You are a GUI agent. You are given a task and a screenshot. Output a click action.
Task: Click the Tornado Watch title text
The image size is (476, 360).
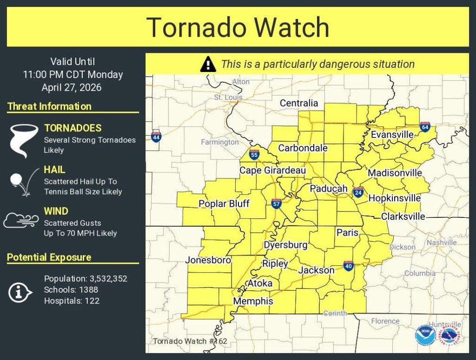238,27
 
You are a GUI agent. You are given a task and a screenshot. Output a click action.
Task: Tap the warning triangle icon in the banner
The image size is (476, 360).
208,64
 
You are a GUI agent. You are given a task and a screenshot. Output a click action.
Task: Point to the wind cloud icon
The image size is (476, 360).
21,220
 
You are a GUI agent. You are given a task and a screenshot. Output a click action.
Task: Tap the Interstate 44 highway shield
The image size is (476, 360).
156,137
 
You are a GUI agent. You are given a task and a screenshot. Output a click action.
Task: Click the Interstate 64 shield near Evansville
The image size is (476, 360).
425,126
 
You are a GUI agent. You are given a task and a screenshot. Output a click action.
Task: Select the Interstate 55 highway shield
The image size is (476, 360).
254,155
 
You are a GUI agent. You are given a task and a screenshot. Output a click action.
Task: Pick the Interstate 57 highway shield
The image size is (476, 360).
276,203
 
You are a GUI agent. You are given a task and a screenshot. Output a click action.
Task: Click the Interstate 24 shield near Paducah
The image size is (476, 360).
358,192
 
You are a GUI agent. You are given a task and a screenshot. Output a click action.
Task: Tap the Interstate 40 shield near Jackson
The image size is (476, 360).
349,266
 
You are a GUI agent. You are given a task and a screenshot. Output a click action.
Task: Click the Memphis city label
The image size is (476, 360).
253,301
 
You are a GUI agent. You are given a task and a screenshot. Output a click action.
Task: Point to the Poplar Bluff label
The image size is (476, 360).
224,204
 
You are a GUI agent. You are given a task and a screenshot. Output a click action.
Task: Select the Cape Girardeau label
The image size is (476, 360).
272,171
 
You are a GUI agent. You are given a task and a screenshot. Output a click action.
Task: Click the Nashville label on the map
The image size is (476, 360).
441,242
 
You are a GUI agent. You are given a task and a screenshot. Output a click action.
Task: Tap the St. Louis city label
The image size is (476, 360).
228,98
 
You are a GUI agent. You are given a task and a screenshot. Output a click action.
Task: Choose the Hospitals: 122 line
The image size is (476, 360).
72,301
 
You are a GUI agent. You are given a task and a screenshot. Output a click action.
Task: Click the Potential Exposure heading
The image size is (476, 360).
49,257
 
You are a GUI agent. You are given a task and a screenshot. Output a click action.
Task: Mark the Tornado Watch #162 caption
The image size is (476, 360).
190,341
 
